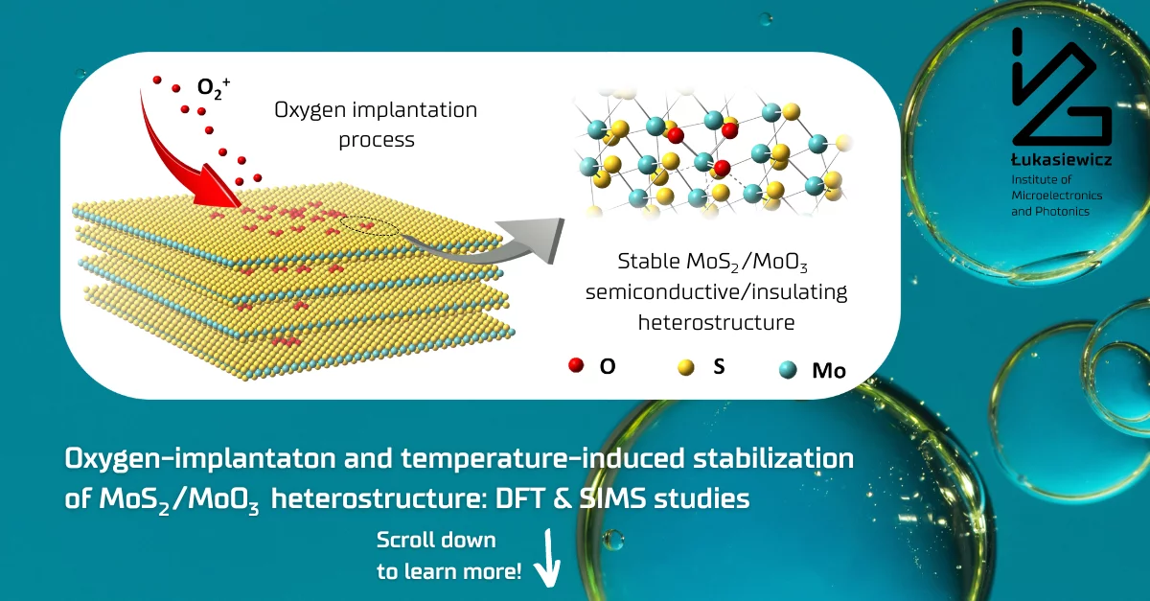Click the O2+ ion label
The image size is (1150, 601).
214,88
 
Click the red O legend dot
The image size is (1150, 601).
576,365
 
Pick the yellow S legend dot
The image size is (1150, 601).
686,367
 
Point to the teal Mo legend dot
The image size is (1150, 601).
788,369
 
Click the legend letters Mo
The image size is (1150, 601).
829,370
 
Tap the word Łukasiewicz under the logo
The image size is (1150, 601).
1061,160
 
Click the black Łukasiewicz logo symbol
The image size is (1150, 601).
1062,86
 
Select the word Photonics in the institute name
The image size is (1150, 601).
1065,211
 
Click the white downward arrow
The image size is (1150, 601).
548,559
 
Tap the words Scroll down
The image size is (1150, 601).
436,540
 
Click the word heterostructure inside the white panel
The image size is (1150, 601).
716,323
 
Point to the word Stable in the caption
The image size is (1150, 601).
649,261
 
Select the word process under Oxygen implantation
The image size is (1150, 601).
377,141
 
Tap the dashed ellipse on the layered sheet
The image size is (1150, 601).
370,225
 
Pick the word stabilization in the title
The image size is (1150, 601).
773,458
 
